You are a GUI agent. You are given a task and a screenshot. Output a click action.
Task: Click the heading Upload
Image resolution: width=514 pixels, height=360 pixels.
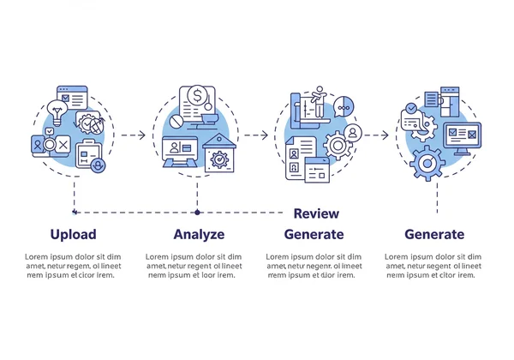[73, 234]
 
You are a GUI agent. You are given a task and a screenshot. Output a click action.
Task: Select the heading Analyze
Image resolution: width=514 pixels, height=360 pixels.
[199, 234]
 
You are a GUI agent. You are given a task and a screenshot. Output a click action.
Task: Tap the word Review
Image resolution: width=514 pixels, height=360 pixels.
[316, 213]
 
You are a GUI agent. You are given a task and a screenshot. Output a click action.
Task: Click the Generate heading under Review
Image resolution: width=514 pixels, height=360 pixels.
[314, 234]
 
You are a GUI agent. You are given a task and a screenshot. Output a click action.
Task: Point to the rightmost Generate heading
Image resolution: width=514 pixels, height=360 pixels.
[434, 234]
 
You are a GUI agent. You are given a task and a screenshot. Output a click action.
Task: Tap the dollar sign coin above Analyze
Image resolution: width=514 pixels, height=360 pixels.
[197, 95]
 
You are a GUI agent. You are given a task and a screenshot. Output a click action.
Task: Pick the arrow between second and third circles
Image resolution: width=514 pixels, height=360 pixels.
[254, 135]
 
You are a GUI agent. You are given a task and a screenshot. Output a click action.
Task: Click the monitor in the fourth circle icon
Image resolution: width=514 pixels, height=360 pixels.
[462, 136]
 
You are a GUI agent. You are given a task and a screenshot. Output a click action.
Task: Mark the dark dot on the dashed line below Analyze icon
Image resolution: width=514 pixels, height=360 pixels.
[197, 211]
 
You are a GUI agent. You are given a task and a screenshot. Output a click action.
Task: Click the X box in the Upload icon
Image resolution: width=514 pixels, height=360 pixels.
[63, 145]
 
